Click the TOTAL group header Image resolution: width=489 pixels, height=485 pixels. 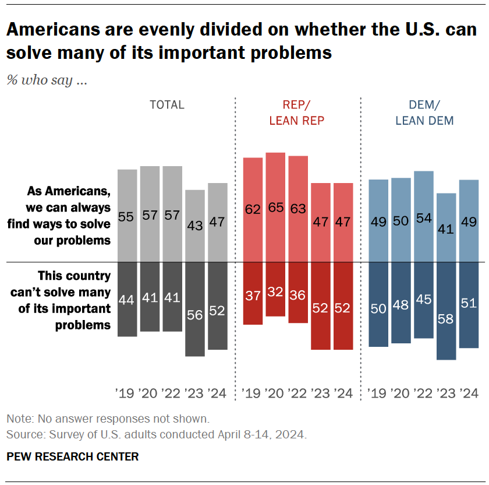(x=167, y=105)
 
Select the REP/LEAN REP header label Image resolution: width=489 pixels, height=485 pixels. (x=297, y=113)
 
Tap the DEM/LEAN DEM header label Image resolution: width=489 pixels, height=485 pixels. (x=424, y=113)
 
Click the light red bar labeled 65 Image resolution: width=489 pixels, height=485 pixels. (x=275, y=207)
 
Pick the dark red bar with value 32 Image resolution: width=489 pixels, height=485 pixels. (x=275, y=289)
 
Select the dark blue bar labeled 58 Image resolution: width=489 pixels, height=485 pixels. (x=447, y=311)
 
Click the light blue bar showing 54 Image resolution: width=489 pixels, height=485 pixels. (x=424, y=216)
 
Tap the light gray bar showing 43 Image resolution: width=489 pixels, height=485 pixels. (x=195, y=226)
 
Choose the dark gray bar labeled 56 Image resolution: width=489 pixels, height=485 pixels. (x=195, y=309)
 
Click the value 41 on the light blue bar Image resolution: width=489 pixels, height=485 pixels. (x=447, y=229)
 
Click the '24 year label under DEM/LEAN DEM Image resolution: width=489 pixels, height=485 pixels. (x=469, y=393)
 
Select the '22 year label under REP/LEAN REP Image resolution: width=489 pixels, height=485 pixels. (x=297, y=393)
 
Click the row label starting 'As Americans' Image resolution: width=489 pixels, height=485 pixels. (x=69, y=216)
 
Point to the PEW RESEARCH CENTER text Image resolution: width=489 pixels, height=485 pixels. (x=73, y=456)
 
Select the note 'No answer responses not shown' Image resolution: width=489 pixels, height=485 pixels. (x=107, y=419)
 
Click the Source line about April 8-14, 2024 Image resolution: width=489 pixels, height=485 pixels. (x=156, y=435)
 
